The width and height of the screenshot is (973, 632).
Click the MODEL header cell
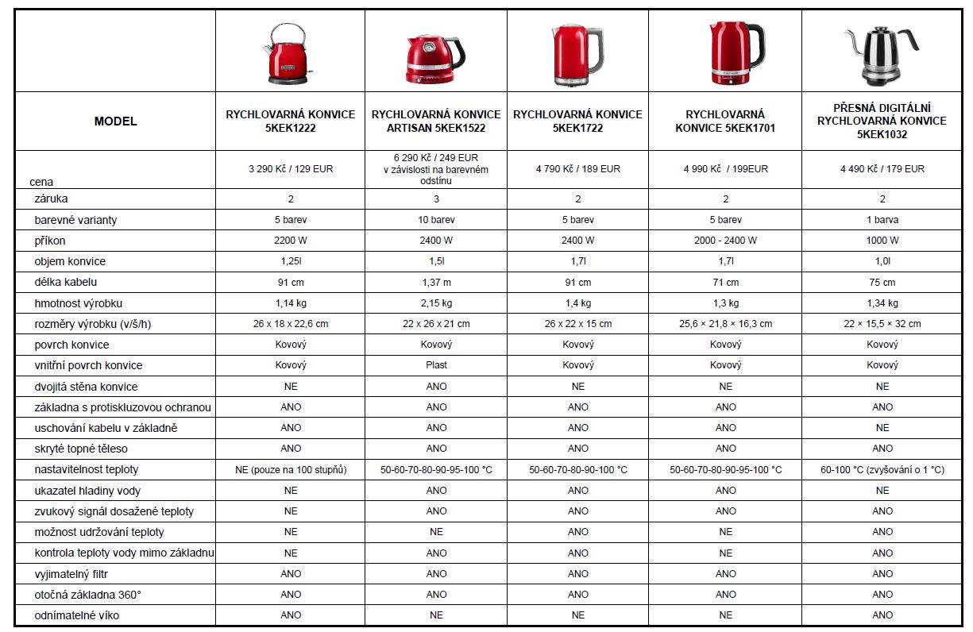click(x=116, y=121)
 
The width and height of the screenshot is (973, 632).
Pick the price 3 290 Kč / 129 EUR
click(x=291, y=169)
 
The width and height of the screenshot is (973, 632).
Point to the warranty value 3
click(x=436, y=199)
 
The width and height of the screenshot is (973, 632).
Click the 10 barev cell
click(x=436, y=220)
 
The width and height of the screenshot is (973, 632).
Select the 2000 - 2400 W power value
click(x=725, y=241)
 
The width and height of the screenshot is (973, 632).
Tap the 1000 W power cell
click(x=882, y=241)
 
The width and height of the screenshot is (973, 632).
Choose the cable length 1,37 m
click(x=436, y=283)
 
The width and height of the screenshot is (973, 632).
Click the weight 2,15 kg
click(x=436, y=303)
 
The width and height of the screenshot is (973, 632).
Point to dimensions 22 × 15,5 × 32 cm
click(x=882, y=324)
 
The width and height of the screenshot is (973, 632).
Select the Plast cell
click(x=436, y=365)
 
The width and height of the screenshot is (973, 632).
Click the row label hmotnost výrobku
click(x=79, y=303)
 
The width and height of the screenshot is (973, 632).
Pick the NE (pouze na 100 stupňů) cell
click(x=291, y=470)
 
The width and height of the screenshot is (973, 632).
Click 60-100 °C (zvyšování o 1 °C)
click(x=882, y=470)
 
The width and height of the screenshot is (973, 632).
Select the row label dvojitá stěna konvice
click(x=86, y=387)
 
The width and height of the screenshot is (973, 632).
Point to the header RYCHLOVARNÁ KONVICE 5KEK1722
click(x=577, y=121)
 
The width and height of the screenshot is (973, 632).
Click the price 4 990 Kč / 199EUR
click(x=725, y=169)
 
